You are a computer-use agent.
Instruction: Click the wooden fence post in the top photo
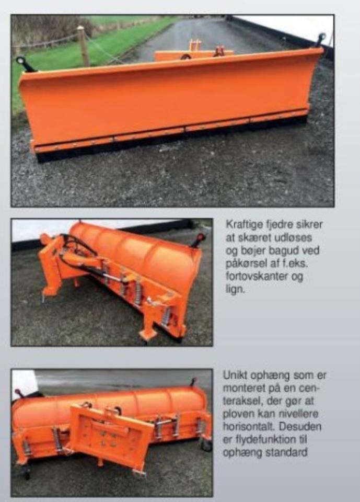click(83, 46)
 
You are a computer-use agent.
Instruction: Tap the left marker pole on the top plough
click(25, 64)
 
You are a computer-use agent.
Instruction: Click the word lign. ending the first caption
click(235, 289)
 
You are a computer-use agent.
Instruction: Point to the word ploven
click(237, 414)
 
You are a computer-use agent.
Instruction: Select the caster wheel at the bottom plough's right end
click(206, 444)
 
